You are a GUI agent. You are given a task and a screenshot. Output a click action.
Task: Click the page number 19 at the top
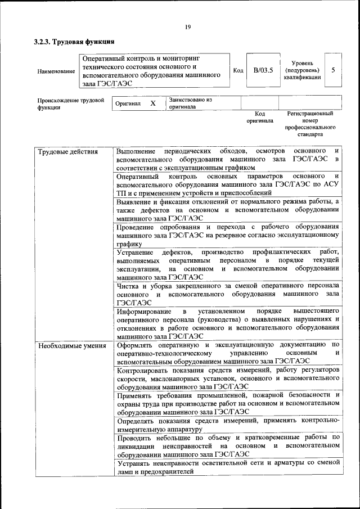click(x=188, y=26)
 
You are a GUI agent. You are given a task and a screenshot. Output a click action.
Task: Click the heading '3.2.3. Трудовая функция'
click(x=74, y=42)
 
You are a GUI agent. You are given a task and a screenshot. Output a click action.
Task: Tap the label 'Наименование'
click(x=56, y=71)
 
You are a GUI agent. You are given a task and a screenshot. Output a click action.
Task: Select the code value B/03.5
click(x=263, y=70)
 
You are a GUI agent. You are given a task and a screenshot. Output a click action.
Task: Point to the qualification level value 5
click(x=333, y=70)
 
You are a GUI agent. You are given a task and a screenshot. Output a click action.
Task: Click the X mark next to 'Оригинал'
click(x=152, y=103)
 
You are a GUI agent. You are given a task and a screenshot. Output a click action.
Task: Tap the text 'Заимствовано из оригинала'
click(x=190, y=103)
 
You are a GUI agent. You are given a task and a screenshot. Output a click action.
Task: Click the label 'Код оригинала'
click(x=259, y=117)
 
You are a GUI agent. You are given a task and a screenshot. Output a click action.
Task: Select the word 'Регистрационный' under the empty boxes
click(x=310, y=114)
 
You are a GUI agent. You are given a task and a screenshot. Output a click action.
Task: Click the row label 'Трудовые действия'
click(x=68, y=152)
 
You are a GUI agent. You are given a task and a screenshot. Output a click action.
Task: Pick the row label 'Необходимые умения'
click(x=72, y=345)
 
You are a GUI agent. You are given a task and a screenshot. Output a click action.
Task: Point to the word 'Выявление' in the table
click(x=135, y=201)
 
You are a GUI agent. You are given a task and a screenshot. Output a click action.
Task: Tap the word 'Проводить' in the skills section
click(x=135, y=437)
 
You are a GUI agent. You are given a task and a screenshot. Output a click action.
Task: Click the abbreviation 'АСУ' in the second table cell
click(x=331, y=184)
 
